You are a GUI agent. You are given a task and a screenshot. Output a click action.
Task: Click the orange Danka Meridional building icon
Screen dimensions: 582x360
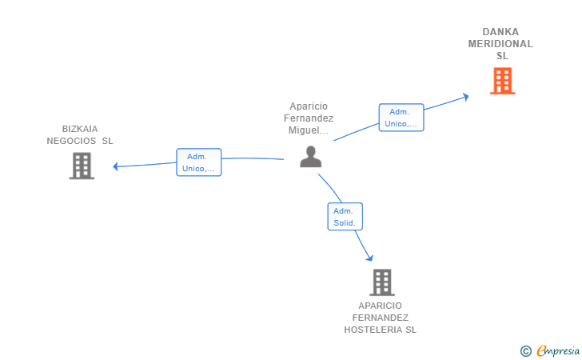pos(503,81)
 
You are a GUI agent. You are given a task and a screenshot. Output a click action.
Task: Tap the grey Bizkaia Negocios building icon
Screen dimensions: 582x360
pos(82,166)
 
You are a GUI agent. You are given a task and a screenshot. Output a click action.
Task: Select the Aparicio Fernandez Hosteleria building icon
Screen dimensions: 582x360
pos(382,282)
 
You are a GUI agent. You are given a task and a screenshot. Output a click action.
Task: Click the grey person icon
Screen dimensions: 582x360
pos(311,157)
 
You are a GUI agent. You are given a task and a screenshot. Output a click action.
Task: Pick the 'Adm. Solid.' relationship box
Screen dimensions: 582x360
pos(345,217)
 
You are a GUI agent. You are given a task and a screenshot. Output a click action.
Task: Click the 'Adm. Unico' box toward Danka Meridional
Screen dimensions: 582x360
pos(401,118)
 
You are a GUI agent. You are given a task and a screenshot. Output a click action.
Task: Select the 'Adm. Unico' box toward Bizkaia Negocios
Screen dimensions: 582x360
pos(198,162)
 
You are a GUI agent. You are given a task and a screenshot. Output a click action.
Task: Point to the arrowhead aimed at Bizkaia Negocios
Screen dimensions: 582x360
pos(115,166)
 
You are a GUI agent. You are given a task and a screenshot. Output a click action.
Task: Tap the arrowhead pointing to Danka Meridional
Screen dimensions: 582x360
pos(465,97)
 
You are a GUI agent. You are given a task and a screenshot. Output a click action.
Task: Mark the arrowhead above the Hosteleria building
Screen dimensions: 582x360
pos(369,258)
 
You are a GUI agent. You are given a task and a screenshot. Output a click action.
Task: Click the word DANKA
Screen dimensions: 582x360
pos(500,32)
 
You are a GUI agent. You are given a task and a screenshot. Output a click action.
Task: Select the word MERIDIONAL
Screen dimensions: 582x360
pos(500,44)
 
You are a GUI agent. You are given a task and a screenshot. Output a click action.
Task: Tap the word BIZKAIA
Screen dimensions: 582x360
pos(80,129)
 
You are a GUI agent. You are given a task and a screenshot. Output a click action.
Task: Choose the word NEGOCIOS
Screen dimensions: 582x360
pos(71,141)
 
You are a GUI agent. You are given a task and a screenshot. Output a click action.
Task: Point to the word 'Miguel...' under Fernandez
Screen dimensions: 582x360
pos(309,130)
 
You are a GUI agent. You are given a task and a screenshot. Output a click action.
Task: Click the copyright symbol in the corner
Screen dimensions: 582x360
pos(525,351)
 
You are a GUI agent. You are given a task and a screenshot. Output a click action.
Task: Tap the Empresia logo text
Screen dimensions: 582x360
pos(558,351)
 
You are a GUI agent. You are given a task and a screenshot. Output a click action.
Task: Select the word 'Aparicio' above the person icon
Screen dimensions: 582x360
pos(309,106)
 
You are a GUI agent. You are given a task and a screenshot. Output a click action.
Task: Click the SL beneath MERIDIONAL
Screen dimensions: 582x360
pos(502,56)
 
